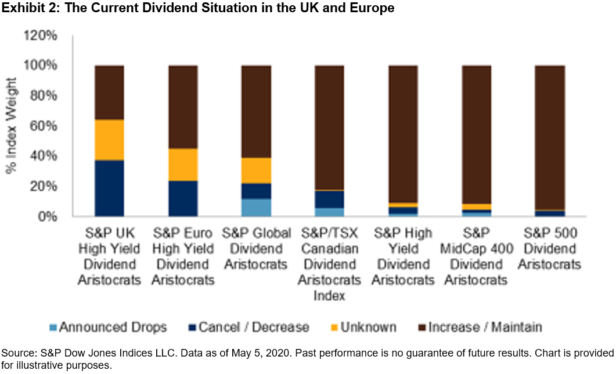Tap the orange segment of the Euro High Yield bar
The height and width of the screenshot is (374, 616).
click(x=183, y=165)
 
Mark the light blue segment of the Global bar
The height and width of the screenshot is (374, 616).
click(x=257, y=208)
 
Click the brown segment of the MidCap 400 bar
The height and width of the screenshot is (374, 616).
click(x=477, y=134)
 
